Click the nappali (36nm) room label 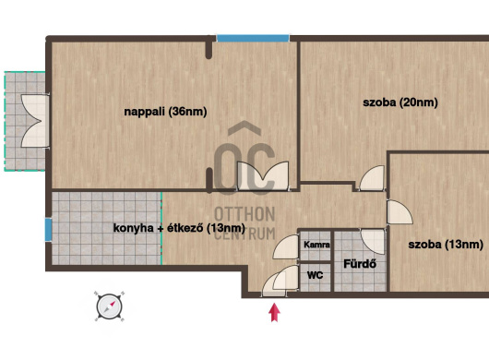[165, 112]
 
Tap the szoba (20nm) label [400, 102]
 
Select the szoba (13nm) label [446, 244]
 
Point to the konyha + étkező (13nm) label [179, 228]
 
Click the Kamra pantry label [316, 245]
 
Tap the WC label [315, 275]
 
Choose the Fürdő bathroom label [360, 264]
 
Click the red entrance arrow [274, 312]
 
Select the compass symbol [109, 306]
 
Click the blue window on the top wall [253, 39]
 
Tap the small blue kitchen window [48, 230]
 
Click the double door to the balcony [35, 121]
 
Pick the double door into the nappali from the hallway [263, 175]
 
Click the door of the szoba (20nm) [373, 178]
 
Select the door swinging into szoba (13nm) [400, 212]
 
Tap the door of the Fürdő [373, 242]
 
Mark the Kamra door [286, 246]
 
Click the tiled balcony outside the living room [25, 121]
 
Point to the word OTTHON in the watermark [244, 214]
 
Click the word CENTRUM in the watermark [244, 234]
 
